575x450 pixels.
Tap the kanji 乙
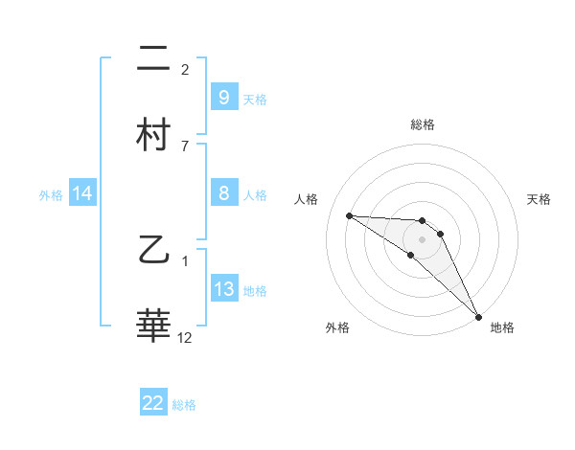pos(153,252)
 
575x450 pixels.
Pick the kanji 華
pos(153,326)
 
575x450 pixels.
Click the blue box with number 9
pos(223,97)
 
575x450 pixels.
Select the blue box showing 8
pos(223,193)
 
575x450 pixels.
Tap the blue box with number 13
pos(223,289)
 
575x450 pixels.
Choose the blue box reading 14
pos(82,193)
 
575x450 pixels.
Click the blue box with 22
pos(153,403)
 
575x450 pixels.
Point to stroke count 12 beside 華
pos(185,337)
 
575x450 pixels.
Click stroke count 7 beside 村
pos(185,146)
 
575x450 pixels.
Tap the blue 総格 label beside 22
pos(184,405)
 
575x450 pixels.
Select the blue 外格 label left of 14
pos(51,194)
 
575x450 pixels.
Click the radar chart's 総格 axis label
pos(422,125)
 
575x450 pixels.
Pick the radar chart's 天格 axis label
pos(540,199)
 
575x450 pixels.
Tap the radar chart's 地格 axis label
pos(502,328)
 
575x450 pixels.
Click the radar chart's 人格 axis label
pos(307,199)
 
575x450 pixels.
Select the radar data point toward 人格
pos(349,215)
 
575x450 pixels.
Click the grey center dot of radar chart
pos(422,238)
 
